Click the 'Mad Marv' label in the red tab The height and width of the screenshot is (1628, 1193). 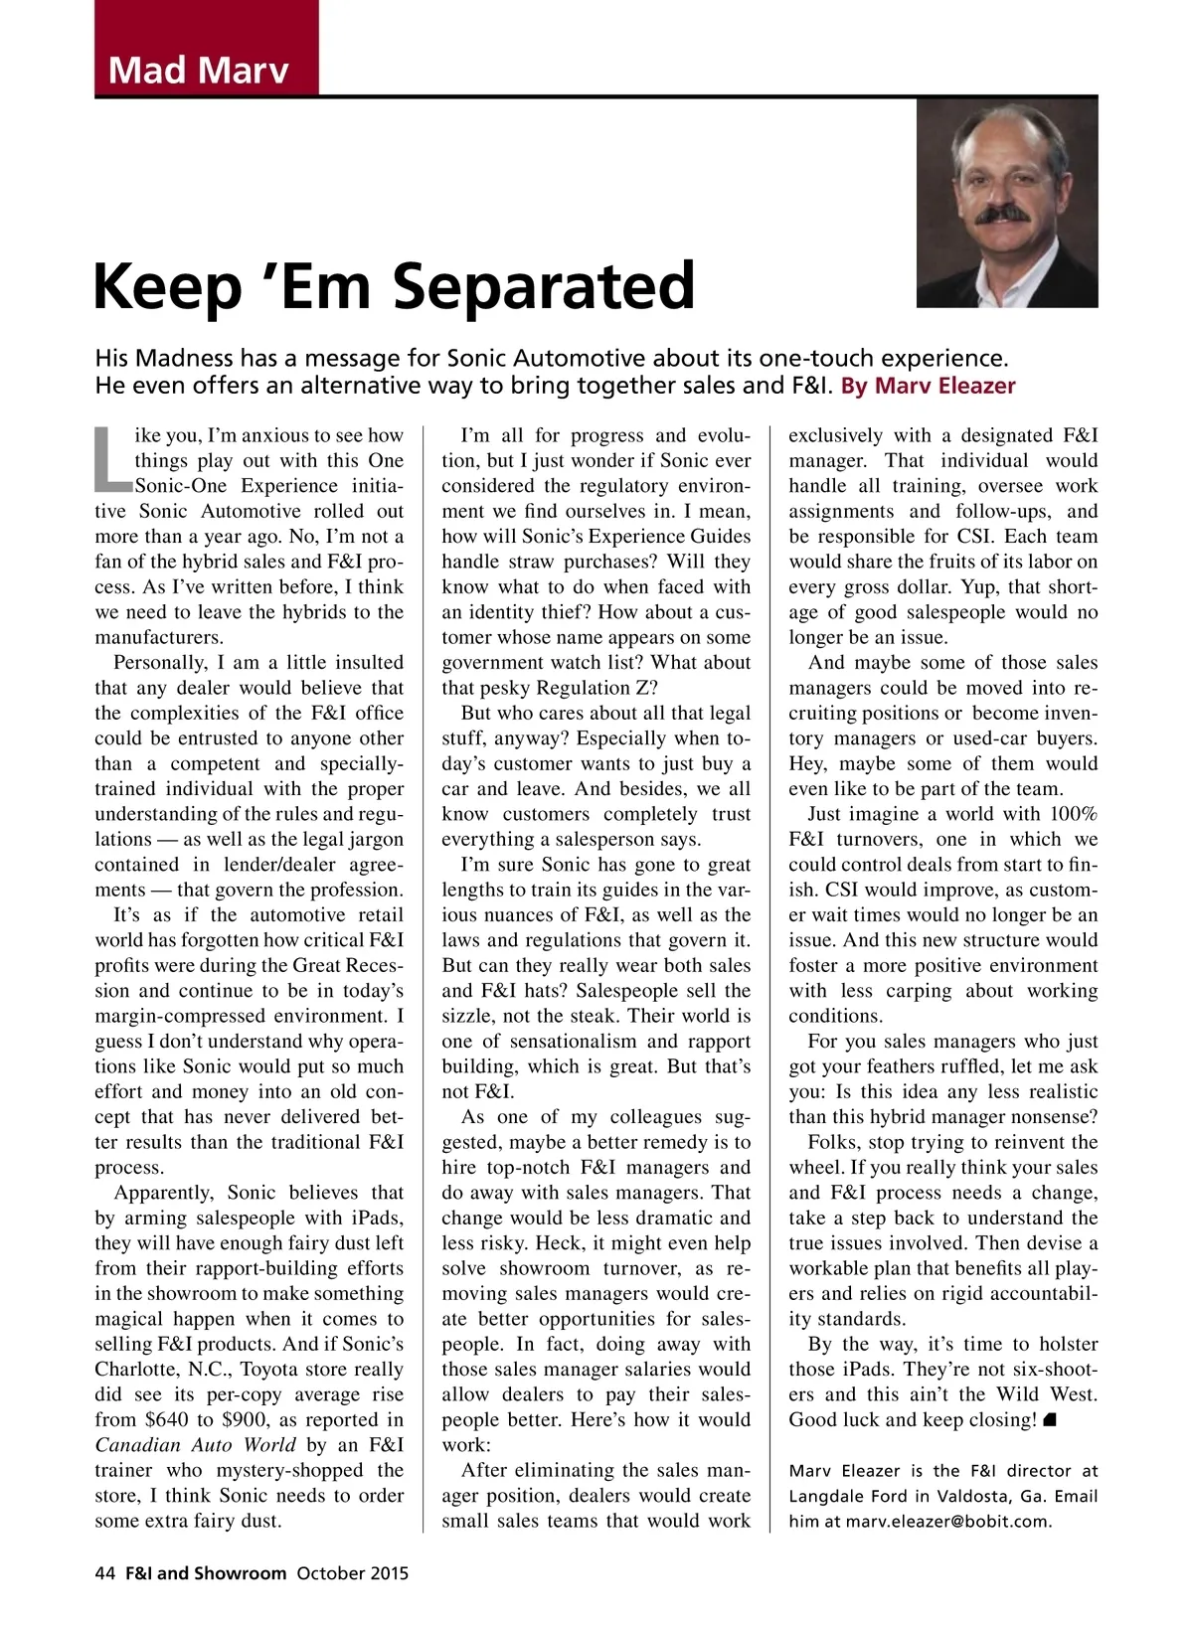[x=199, y=70]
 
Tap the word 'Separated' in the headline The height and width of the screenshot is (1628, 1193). [x=544, y=286]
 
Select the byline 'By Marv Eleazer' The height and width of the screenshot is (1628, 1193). [x=929, y=386]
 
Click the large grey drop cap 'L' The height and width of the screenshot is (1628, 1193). [x=112, y=460]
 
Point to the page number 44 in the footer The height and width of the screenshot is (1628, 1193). [x=105, y=1573]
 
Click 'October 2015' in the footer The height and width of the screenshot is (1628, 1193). [x=353, y=1573]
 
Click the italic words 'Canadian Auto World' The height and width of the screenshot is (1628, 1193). [x=196, y=1445]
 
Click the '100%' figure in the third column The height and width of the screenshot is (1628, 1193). [x=1074, y=814]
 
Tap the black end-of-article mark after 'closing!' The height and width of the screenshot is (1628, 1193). [x=1050, y=1420]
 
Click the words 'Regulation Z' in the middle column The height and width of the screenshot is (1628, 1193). [x=596, y=688]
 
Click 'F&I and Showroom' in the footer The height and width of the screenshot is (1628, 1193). [x=206, y=1573]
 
